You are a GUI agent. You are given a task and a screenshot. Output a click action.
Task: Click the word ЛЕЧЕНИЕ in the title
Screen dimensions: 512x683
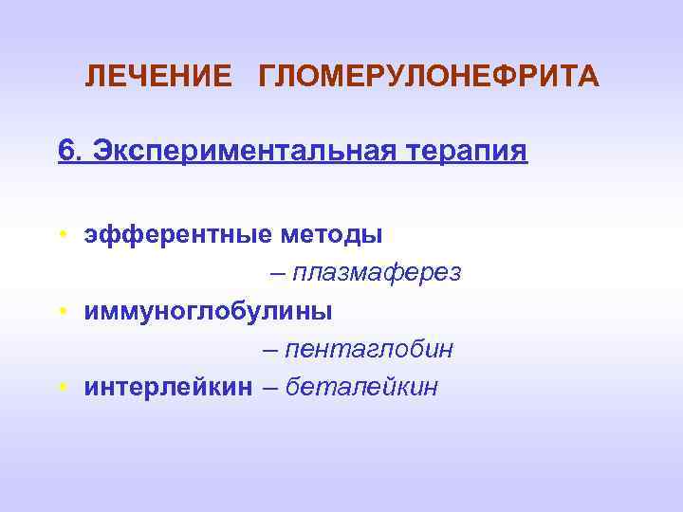[x=157, y=76]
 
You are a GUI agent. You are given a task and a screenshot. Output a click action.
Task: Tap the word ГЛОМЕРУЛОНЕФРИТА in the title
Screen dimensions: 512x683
[x=429, y=76]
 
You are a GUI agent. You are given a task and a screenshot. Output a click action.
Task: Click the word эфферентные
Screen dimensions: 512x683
[x=175, y=233]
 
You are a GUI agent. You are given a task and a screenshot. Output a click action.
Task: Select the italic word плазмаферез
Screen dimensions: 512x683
[x=377, y=273]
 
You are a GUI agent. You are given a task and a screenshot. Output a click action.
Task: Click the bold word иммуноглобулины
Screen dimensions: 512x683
[x=208, y=311]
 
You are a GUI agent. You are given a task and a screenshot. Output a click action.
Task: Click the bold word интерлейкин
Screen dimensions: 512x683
[x=168, y=387]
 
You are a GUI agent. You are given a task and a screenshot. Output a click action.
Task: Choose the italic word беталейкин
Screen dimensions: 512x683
[x=361, y=387]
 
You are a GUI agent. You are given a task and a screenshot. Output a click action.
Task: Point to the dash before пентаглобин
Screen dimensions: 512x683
[x=269, y=350]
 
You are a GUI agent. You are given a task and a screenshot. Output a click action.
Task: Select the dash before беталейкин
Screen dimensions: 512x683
[x=268, y=387]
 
